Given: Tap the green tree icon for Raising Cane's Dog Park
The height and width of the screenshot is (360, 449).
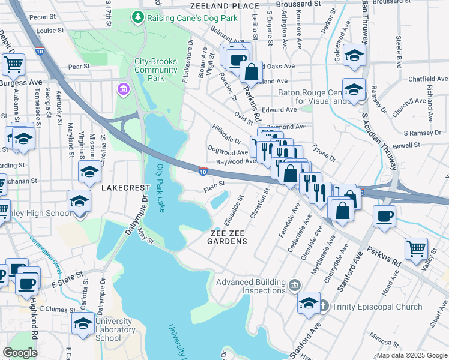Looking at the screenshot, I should point(139,17).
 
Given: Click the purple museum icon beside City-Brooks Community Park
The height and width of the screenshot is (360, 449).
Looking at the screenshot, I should point(124,89).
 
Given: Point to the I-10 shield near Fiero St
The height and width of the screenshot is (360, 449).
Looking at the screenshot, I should point(203,172).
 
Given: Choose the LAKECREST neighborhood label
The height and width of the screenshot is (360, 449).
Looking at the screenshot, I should point(123,188).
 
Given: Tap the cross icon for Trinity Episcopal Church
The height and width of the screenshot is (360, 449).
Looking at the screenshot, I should point(324,307).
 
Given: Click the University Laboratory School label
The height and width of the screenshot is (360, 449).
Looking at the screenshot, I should point(115,329).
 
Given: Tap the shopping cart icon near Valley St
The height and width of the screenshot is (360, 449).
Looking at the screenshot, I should point(415,247).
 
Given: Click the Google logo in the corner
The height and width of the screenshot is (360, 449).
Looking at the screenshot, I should point(20,353).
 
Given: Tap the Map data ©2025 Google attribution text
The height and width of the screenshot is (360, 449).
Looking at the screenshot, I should point(412,355).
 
